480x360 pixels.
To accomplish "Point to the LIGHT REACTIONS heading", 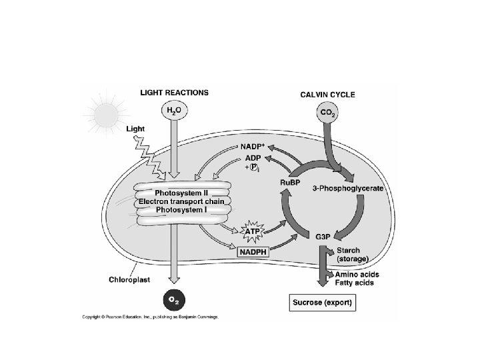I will click(174, 93).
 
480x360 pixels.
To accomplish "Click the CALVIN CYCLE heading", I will click(327, 94).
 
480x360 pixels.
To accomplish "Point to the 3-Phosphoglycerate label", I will click(348, 189).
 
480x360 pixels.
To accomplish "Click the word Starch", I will click(348, 251).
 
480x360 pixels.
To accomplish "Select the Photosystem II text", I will click(181, 193).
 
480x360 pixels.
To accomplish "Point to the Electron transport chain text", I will click(181, 201).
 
